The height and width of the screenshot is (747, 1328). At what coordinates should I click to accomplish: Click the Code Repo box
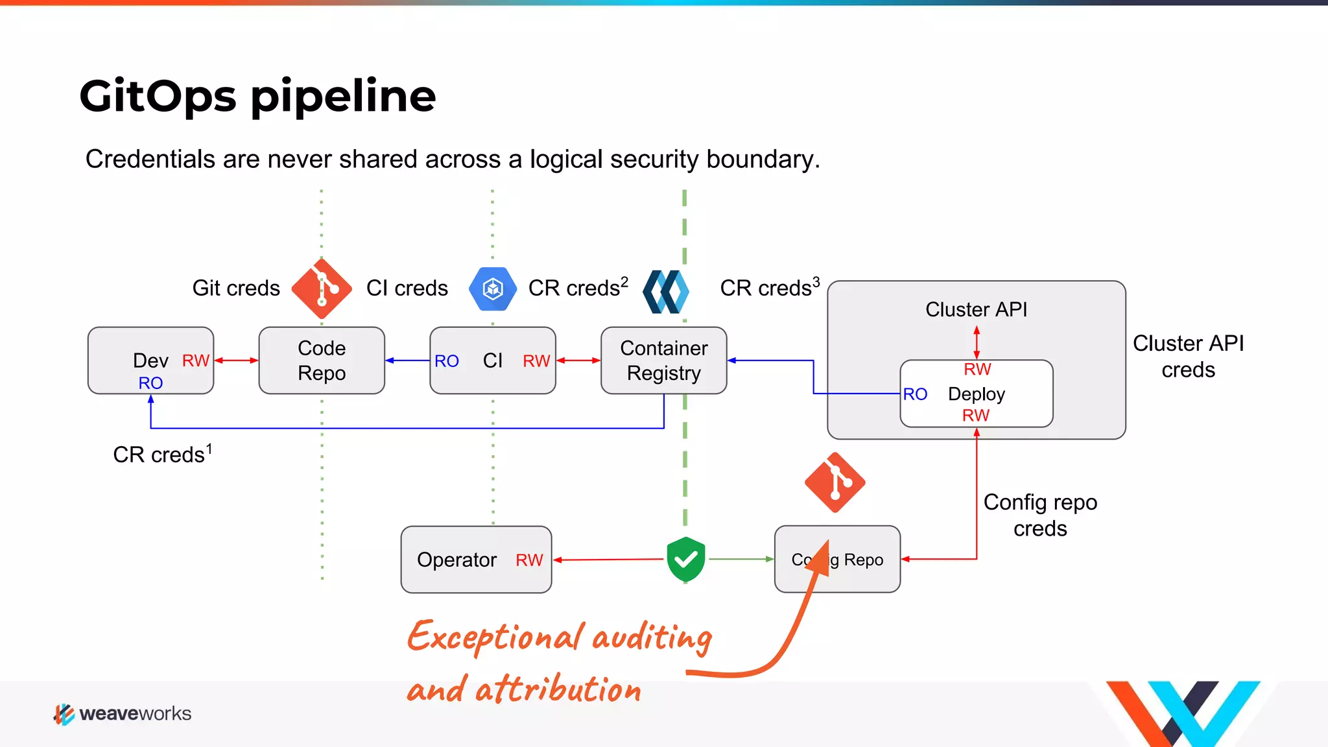click(322, 361)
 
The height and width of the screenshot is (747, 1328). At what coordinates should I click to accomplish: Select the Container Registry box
click(663, 361)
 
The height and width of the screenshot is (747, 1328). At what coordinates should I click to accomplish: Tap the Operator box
click(476, 559)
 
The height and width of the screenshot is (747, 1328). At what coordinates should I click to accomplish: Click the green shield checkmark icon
click(685, 558)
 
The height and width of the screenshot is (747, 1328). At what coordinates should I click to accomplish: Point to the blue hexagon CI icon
click(493, 289)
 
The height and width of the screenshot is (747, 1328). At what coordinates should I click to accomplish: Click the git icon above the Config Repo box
click(835, 482)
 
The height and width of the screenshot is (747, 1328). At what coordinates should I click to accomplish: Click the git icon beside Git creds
click(322, 289)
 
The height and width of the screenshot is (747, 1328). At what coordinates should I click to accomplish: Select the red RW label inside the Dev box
click(195, 361)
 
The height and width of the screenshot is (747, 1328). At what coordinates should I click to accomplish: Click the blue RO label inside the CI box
click(446, 361)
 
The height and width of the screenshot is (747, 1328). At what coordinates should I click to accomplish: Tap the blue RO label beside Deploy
click(915, 394)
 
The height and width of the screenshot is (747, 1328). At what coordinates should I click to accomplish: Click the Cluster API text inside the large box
click(976, 309)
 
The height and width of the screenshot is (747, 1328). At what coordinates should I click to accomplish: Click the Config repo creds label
click(1040, 515)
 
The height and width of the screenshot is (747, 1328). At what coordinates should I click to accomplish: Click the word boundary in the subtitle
click(762, 160)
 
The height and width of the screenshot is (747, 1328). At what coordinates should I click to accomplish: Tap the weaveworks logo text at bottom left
click(135, 713)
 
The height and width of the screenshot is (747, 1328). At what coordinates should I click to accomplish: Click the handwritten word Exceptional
click(493, 636)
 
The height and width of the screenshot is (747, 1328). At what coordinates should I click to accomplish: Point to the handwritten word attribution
click(558, 689)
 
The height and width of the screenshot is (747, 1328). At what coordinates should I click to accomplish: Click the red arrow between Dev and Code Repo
click(236, 361)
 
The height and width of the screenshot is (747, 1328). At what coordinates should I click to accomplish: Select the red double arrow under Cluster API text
click(977, 342)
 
